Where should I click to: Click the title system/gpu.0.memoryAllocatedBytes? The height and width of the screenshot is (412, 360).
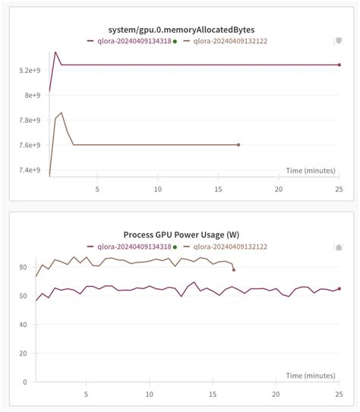pos(180,30)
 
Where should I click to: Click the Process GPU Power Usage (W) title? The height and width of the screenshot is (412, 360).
pos(180,234)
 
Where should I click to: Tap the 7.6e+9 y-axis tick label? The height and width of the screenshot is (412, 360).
pos(27,145)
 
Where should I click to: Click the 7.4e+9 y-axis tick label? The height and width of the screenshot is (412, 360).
pos(27,170)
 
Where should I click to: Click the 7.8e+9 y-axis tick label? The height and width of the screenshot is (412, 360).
pos(27,120)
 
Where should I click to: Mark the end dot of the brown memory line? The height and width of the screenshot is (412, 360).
pos(238,145)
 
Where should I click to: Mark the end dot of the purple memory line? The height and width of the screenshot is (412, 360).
pos(339,65)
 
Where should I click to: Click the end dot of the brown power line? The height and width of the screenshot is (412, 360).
pos(234,269)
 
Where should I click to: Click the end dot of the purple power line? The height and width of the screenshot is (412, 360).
pos(339,288)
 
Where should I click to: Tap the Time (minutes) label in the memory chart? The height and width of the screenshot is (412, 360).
pos(311,171)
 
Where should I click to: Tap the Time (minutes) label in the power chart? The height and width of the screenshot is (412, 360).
pos(311,376)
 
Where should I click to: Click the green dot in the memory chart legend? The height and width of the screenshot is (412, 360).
pos(175,42)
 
